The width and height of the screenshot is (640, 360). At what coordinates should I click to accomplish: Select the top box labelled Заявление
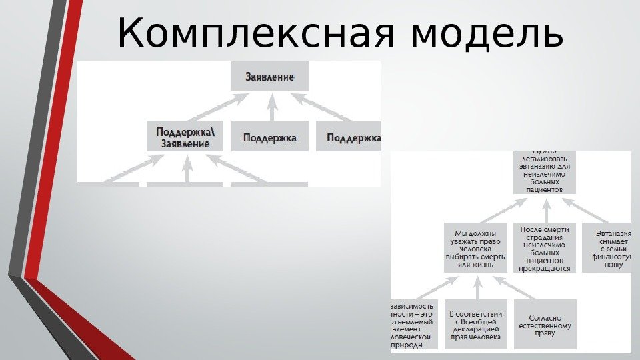pos(270,77)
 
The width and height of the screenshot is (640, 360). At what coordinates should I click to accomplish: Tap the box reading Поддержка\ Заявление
pos(185,136)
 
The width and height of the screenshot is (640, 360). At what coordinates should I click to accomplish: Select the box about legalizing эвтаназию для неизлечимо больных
pos(544,172)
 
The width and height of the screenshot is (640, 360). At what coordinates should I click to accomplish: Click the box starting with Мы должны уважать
pos(476,247)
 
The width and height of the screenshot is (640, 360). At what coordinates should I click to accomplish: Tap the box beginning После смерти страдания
pos(544,247)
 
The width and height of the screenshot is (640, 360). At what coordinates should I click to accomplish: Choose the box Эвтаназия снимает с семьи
pos(607,247)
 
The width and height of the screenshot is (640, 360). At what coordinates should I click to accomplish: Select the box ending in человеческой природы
pos(414,325)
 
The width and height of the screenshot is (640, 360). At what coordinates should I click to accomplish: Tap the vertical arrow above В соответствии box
pos(476,287)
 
